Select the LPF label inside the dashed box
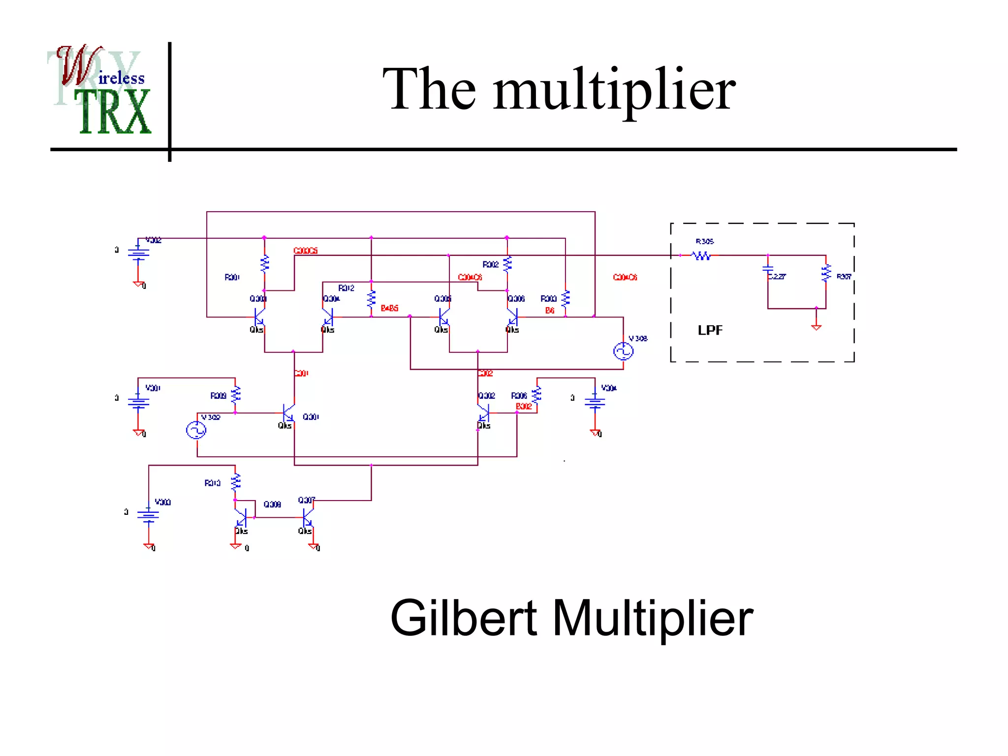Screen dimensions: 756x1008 [x=710, y=330]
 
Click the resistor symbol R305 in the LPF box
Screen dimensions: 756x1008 [x=701, y=255]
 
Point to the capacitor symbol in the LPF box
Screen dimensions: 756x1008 [x=767, y=269]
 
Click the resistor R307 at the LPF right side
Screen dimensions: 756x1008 [x=826, y=273]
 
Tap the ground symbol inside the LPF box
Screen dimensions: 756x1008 [x=816, y=326]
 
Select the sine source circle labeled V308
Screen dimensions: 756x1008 [x=623, y=351]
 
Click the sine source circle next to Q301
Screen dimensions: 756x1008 [x=196, y=430]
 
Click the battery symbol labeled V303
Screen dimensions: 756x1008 [x=148, y=515]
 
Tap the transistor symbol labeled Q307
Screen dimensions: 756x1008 [x=308, y=517]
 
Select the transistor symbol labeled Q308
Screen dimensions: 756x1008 [x=241, y=517]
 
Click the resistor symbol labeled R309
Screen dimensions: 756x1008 [x=236, y=394]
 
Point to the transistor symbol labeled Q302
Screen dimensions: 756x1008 [x=483, y=412]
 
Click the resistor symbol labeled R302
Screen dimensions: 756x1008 [x=507, y=264]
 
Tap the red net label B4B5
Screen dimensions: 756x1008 [x=389, y=308]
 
